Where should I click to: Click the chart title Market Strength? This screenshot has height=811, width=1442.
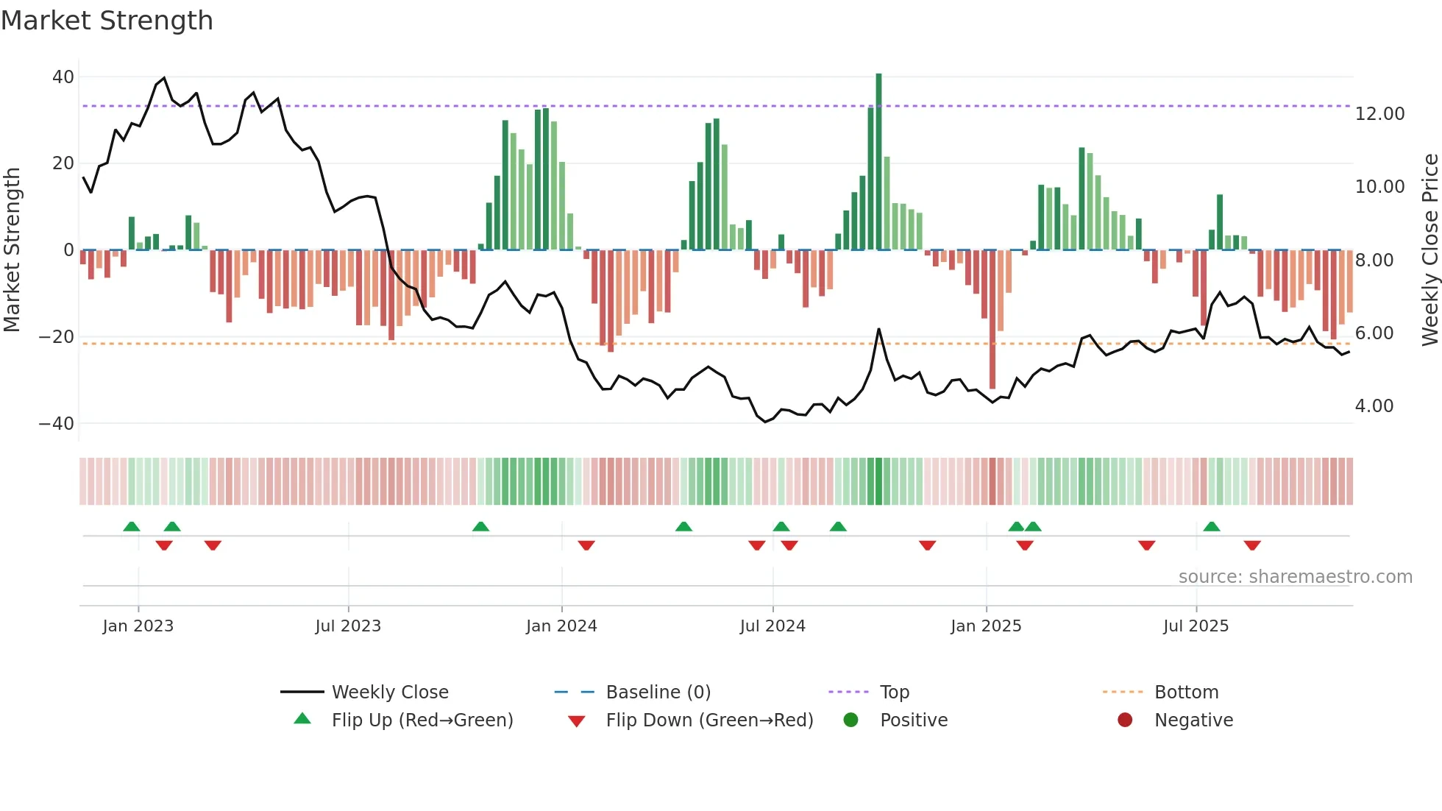(107, 21)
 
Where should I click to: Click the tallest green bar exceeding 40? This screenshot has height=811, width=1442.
(878, 162)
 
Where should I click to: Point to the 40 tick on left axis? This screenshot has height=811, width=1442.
(63, 77)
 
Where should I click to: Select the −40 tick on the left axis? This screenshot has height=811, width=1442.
(57, 424)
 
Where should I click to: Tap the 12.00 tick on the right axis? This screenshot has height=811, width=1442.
(1379, 114)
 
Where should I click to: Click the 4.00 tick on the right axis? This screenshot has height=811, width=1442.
(1374, 406)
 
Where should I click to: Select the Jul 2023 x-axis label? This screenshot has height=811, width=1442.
(348, 626)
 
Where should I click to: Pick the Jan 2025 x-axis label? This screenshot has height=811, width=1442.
(986, 626)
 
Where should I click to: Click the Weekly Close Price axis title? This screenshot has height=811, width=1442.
(1429, 250)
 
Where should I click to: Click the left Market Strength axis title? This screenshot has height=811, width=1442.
(12, 250)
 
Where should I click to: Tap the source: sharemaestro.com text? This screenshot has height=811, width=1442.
(1295, 577)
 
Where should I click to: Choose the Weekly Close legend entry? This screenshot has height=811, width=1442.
(389, 693)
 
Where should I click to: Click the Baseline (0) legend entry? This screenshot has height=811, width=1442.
(658, 693)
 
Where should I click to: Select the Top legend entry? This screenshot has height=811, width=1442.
(894, 693)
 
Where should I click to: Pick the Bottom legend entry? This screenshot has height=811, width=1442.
(1186, 693)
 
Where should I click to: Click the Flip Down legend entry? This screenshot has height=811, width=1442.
(708, 720)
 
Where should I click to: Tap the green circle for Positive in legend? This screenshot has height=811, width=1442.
(850, 720)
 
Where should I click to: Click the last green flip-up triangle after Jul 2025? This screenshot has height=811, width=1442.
(1212, 527)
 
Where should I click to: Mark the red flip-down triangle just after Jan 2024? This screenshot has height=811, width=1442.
(586, 545)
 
